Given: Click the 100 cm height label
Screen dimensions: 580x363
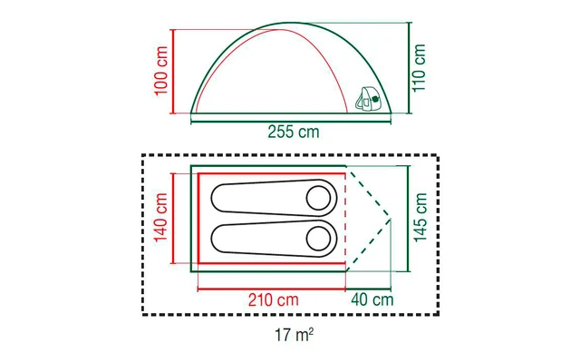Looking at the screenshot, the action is pyautogui.click(x=161, y=71).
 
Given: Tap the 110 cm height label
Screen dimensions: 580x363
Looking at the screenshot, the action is pyautogui.click(x=419, y=68).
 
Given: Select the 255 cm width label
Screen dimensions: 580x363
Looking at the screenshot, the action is pyautogui.click(x=294, y=132).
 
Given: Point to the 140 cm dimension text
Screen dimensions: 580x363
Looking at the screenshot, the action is pyautogui.click(x=161, y=218).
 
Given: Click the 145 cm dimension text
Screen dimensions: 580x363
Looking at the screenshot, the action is pyautogui.click(x=420, y=218).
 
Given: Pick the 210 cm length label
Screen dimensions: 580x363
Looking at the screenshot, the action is pyautogui.click(x=274, y=299).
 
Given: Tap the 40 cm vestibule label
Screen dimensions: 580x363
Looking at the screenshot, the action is pyautogui.click(x=372, y=299).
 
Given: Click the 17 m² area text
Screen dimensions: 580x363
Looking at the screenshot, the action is pyautogui.click(x=294, y=335).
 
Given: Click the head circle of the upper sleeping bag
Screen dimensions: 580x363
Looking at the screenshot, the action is pyautogui.click(x=318, y=198).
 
